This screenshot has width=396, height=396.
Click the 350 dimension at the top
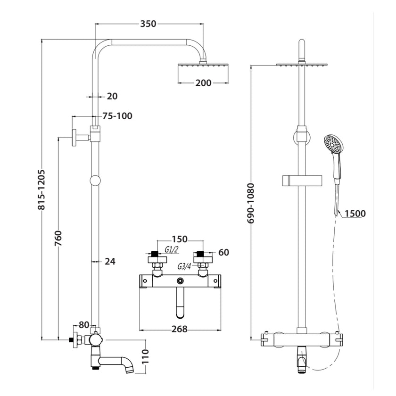pos(148,24)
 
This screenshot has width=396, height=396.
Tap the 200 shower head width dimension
pos(203,83)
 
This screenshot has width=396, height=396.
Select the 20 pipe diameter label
pos(112,96)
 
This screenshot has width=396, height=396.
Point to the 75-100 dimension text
pos(117,116)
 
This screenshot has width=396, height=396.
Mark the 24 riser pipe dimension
pos(109,261)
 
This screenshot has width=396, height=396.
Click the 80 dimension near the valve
pos(83,324)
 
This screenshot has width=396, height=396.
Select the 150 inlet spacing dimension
pos(180,239)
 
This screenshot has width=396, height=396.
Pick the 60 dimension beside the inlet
pos(223,253)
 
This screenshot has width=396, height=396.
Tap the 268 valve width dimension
pos(179,329)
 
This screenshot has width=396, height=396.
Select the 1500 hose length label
pos(355,214)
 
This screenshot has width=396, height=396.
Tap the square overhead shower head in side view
pos(203,73)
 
